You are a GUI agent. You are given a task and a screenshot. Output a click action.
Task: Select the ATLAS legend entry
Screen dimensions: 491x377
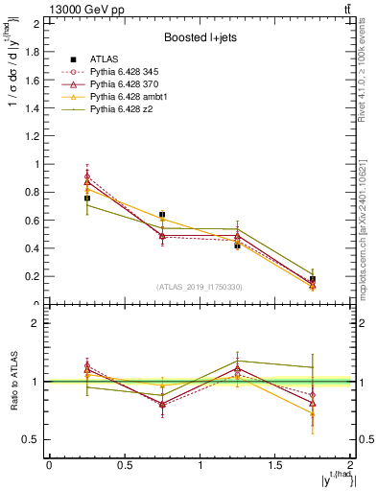(104, 59)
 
